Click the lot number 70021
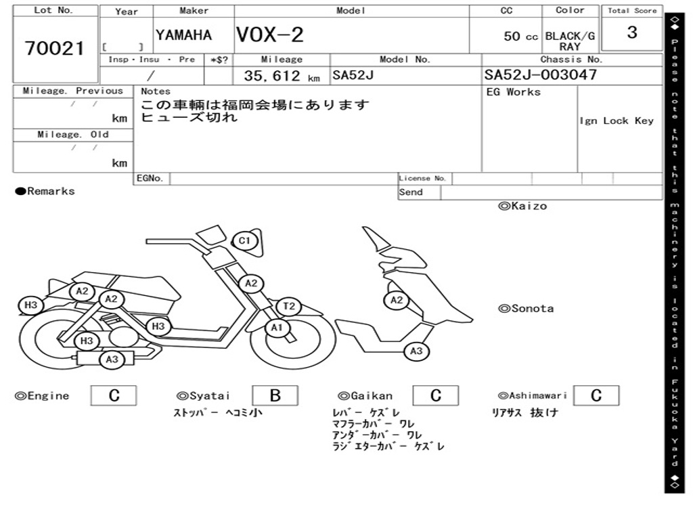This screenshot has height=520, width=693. click(x=54, y=49)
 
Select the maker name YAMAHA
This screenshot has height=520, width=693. click(x=183, y=35)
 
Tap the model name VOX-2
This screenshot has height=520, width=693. click(x=270, y=35)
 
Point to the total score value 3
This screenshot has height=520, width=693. click(x=632, y=32)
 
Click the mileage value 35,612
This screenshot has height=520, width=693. click(x=272, y=76)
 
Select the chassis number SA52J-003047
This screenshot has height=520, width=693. click(x=541, y=74)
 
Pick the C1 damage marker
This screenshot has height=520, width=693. click(x=244, y=240)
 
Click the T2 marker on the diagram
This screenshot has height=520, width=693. click(x=289, y=306)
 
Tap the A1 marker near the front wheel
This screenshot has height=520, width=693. click(x=277, y=328)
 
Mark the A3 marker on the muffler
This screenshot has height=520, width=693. click(x=112, y=360)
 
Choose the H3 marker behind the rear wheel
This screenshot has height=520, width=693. click(x=30, y=305)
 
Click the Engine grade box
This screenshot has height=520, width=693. click(x=114, y=395)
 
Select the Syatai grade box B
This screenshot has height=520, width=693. click(x=275, y=395)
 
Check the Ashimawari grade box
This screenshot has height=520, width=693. click(x=596, y=395)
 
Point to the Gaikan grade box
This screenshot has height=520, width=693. click(x=436, y=395)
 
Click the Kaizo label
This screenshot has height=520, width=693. click(x=522, y=206)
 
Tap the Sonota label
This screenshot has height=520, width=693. click(x=526, y=309)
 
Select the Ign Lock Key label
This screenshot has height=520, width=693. click(x=617, y=121)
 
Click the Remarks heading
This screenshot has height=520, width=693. click(x=45, y=191)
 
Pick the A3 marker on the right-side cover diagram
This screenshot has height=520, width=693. click(x=416, y=351)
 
